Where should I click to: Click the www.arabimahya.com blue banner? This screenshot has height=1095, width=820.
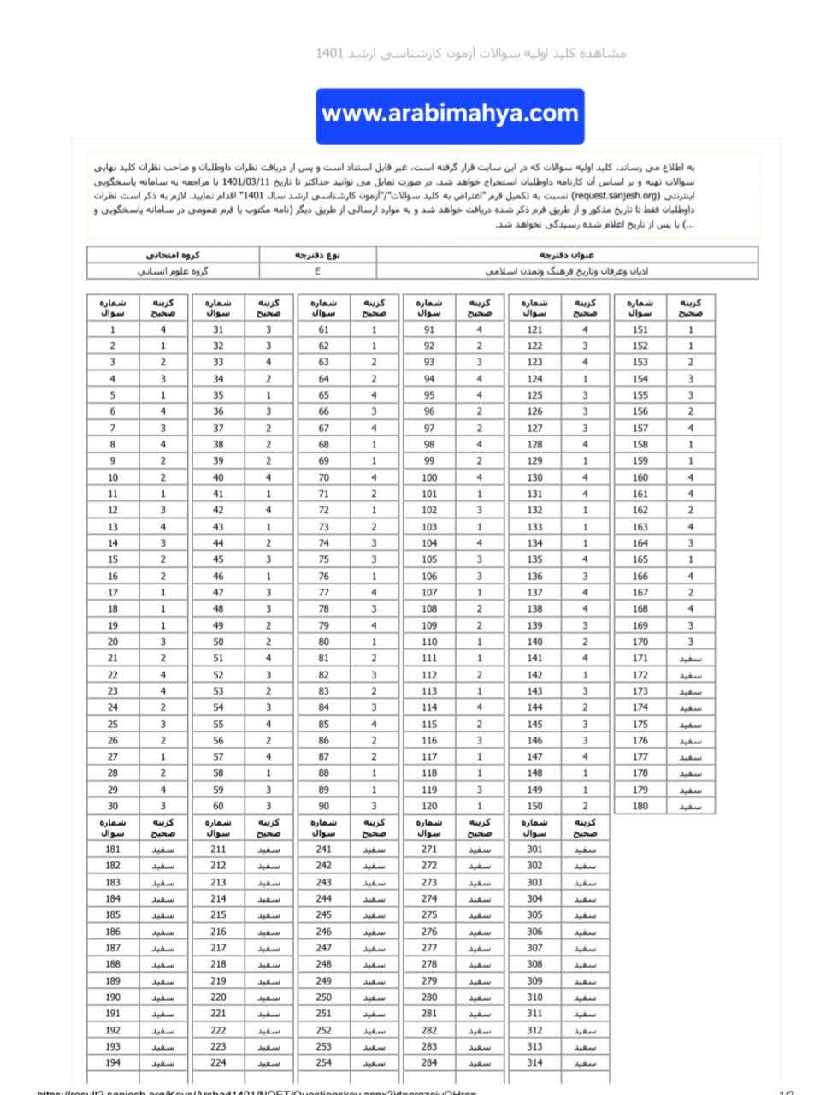click(x=450, y=115)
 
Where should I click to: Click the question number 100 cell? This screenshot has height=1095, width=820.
click(x=429, y=477)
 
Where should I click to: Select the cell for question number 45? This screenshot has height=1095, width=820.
click(x=218, y=559)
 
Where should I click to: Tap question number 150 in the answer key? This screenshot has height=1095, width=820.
click(x=534, y=806)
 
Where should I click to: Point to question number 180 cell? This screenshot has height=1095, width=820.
click(x=640, y=806)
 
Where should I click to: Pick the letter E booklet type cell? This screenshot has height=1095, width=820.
click(x=317, y=271)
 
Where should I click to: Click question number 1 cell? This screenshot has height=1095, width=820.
click(x=113, y=329)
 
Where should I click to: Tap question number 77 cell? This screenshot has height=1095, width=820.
click(x=323, y=592)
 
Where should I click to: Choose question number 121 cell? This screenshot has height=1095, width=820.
click(x=534, y=329)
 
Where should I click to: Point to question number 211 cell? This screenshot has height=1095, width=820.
click(x=218, y=849)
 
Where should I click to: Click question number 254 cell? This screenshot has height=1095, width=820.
click(x=323, y=1062)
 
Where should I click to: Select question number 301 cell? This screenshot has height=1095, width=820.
click(x=534, y=849)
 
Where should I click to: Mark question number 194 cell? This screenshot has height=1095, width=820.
click(x=113, y=1062)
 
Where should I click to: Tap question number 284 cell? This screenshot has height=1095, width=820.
click(x=429, y=1062)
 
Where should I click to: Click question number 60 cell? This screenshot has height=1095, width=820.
click(x=218, y=806)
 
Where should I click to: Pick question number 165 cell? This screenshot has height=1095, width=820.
click(x=640, y=559)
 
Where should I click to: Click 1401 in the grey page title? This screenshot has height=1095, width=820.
click(x=329, y=53)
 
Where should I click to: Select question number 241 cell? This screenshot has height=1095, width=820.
click(x=323, y=849)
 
